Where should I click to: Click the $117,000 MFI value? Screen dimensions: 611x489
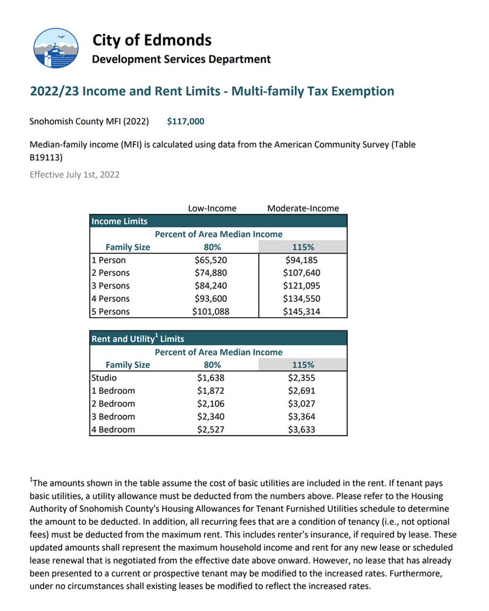point(185,122)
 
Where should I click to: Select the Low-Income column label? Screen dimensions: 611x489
point(212,208)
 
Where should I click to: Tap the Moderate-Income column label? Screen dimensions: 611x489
point(303,208)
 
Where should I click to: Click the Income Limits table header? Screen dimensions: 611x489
point(120,221)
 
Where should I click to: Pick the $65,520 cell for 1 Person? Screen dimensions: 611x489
point(211,260)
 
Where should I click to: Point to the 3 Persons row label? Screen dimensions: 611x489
point(110,286)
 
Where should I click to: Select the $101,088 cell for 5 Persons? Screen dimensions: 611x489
point(211,311)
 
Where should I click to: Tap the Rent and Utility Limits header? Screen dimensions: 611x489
point(138,338)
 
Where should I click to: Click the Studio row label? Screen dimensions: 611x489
point(104,378)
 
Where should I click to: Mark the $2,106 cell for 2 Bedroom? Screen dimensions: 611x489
point(211,404)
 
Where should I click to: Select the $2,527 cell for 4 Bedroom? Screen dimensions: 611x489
point(211,430)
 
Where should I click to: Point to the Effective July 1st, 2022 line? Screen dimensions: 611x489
point(75,175)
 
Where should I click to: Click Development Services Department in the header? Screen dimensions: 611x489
point(181,59)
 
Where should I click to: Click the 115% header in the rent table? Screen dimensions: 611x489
point(303,365)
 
